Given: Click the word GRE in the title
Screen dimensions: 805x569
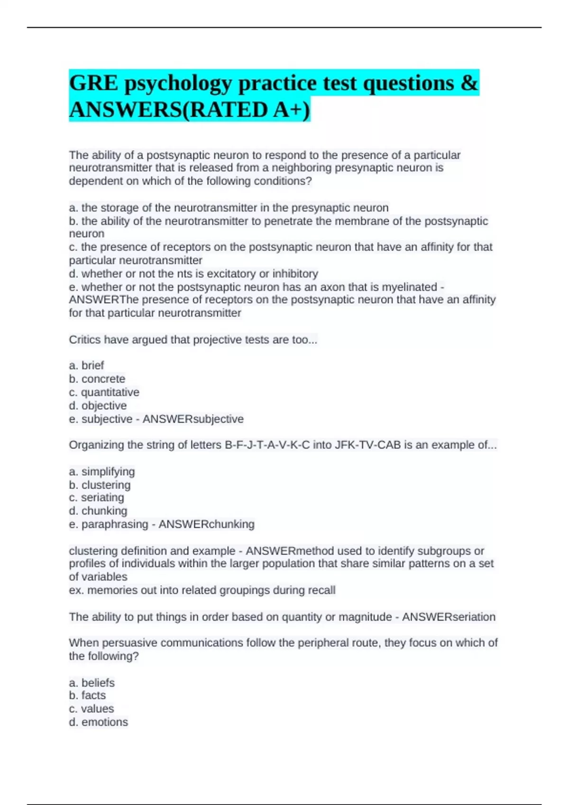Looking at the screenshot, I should coord(93,83).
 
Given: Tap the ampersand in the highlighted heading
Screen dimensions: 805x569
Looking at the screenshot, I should coord(469,83).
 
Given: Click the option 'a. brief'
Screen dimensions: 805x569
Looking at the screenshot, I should coord(86,366).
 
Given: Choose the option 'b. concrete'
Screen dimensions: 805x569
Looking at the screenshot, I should coord(97,379).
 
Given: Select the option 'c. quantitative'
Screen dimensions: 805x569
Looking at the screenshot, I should coord(104,392).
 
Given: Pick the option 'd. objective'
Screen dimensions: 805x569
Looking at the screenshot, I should coord(98,406).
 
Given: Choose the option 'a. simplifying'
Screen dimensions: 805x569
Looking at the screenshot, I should coord(102,472).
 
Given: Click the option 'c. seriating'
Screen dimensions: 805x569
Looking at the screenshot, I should coord(97,498).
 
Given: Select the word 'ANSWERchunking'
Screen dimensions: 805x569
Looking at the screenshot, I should coord(206,524).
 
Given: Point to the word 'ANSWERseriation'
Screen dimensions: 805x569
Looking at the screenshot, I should coord(449,617).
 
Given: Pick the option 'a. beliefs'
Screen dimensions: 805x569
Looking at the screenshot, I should coord(92,683).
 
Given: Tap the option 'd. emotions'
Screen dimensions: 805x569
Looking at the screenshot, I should coord(99,722).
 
